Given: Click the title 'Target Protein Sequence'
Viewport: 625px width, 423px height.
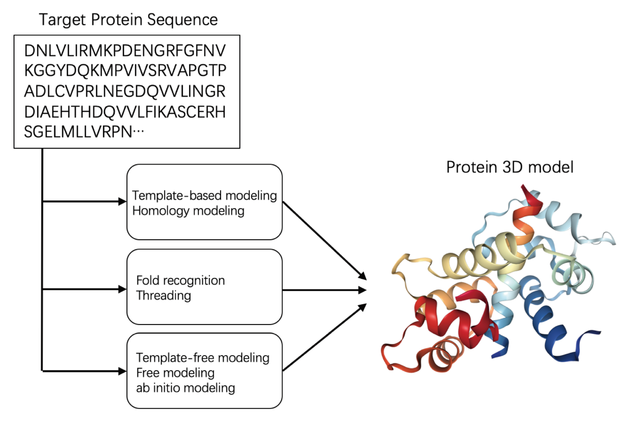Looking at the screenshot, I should tap(128, 20).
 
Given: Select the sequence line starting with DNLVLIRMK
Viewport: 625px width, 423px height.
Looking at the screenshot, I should tap(125, 51).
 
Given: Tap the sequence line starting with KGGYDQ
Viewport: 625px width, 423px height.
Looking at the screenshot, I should tap(125, 71).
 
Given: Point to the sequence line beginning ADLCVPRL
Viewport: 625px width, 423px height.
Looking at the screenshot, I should tap(125, 91).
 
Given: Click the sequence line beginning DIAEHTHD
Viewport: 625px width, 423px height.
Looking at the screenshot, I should tap(125, 112).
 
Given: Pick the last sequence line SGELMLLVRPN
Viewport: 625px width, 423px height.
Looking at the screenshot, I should tap(84, 132).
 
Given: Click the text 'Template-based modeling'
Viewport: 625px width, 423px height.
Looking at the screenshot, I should tap(204, 195).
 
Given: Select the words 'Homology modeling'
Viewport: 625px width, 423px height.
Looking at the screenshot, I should tap(188, 211).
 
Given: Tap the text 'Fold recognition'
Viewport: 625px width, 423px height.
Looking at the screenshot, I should tap(180, 281).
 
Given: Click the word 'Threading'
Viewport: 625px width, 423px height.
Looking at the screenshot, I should tap(164, 295).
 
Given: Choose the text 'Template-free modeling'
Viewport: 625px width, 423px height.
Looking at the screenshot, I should tap(203, 358).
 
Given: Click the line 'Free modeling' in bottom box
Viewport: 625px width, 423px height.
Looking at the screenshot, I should tap(175, 373).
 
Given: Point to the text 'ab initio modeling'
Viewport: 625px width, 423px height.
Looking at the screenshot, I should tap(186, 388).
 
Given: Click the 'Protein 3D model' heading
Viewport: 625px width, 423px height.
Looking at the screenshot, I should tap(510, 167).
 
